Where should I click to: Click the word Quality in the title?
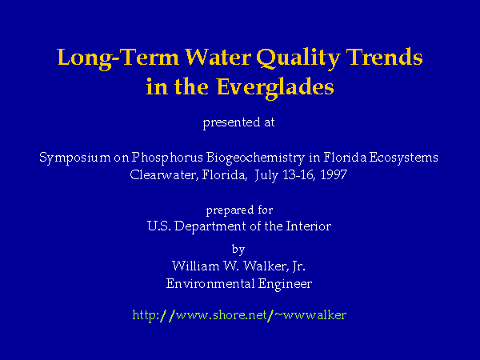(298, 58)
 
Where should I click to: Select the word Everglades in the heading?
(275, 88)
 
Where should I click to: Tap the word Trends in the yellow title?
(384, 57)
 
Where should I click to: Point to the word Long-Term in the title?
(118, 58)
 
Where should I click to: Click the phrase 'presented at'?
(238, 122)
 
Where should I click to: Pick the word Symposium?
(74, 158)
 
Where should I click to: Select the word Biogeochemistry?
(256, 158)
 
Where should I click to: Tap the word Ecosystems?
(403, 158)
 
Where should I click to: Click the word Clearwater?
(164, 175)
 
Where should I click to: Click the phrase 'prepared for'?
(239, 210)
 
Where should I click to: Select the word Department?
(210, 227)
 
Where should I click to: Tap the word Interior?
(309, 226)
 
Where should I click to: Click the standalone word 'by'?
(238, 249)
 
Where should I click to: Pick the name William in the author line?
(195, 266)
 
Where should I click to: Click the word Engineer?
(285, 284)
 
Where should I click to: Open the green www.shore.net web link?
(239, 315)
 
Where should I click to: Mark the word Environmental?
(210, 283)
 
